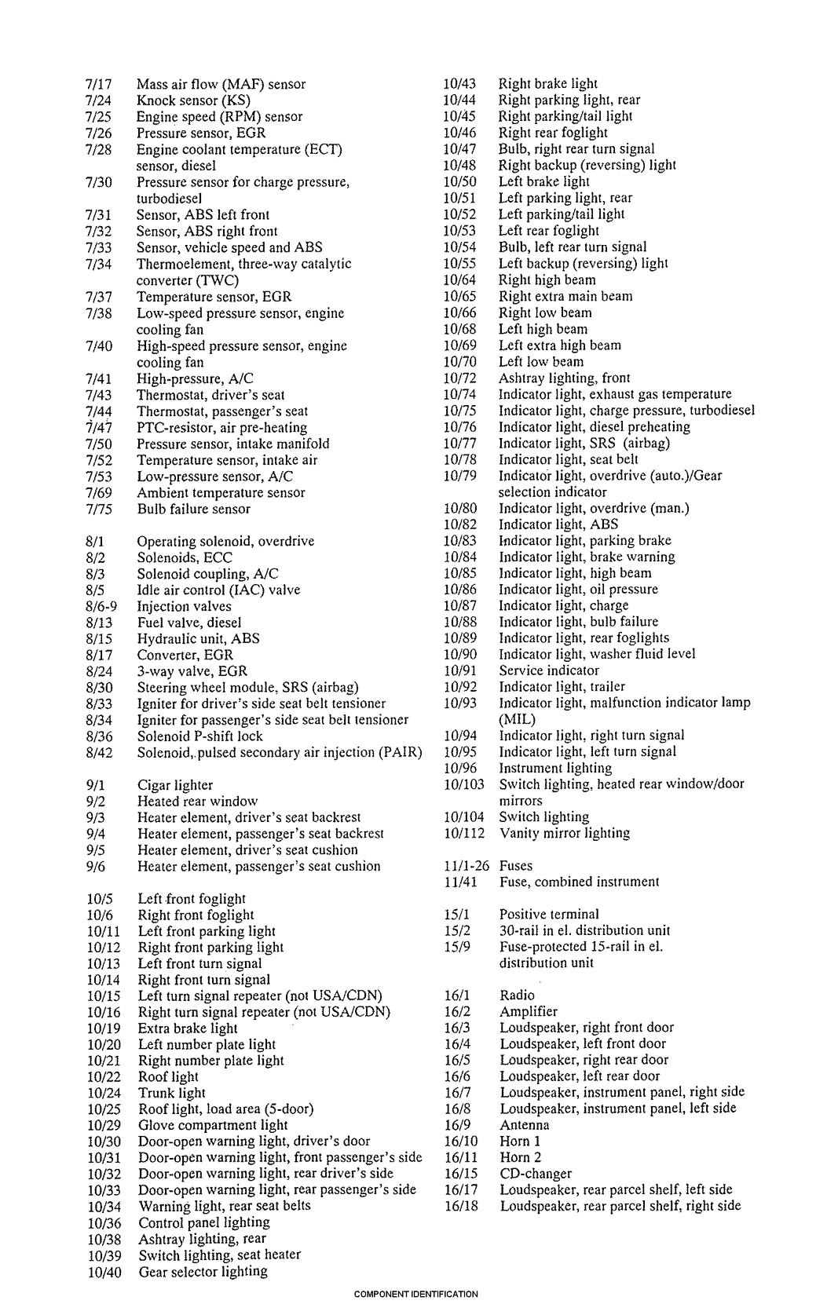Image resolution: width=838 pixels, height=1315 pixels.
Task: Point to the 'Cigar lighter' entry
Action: pos(174,785)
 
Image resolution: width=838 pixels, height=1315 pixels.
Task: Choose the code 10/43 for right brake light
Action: pos(459,83)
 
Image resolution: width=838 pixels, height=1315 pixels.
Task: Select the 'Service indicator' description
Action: pos(549,670)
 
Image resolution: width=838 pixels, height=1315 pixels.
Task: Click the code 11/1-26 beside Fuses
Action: pos(466,866)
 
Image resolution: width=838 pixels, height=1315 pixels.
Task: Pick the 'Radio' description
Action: pos(517,995)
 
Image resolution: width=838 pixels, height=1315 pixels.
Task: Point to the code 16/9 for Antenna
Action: pos(458,1125)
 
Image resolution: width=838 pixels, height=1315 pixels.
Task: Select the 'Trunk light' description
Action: pos(172,1093)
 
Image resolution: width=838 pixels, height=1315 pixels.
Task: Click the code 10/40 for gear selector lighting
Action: pos(104,1272)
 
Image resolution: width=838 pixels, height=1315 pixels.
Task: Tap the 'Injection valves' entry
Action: pos(184,606)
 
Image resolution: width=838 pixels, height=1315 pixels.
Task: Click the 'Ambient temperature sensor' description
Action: pos(221,492)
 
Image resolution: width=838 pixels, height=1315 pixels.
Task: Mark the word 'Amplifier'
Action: pos(529,1011)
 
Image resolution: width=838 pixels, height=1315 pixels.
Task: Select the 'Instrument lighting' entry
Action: pos(555,768)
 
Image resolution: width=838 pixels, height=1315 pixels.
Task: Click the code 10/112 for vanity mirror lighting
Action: pos(464,833)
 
